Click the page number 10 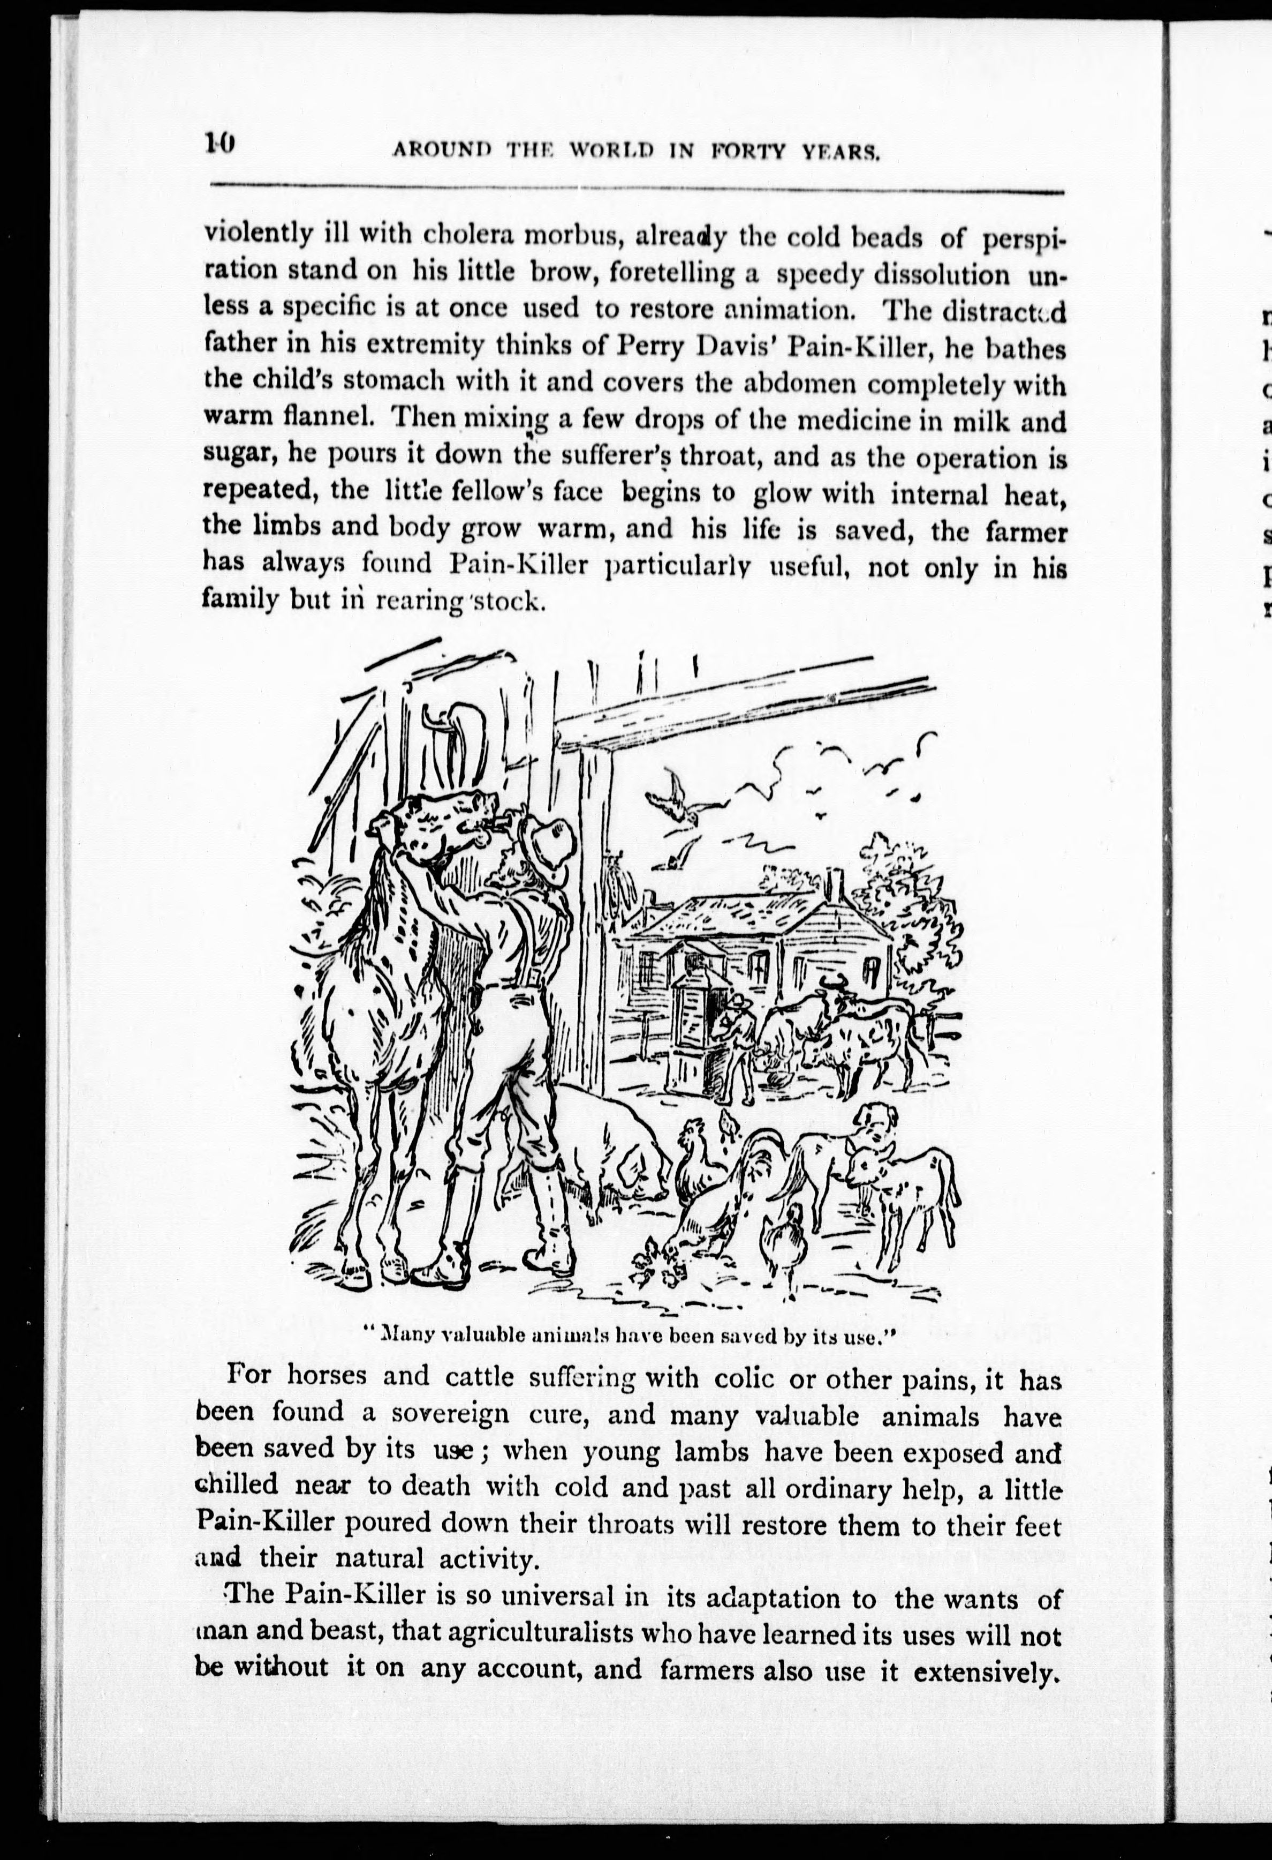[218, 144]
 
